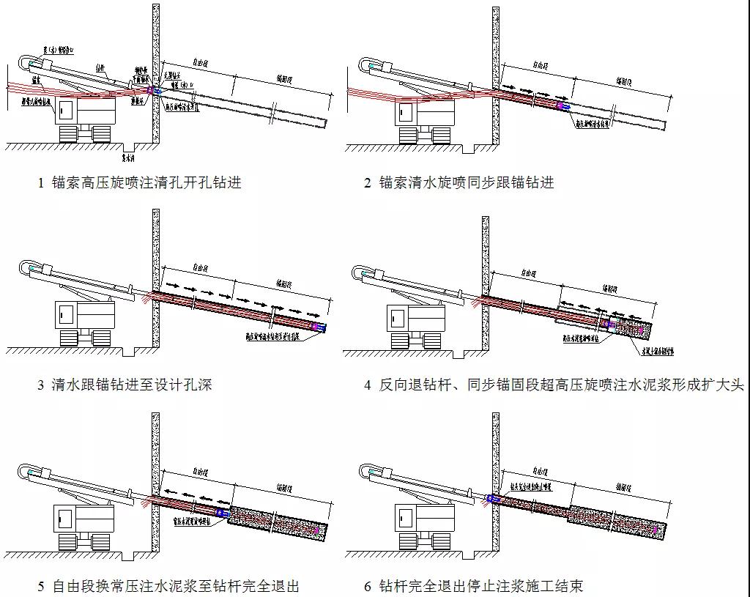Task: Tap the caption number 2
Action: (x=368, y=182)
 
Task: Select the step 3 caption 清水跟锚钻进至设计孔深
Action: (x=132, y=384)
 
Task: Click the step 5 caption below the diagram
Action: (x=176, y=585)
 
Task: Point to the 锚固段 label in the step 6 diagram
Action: (x=625, y=486)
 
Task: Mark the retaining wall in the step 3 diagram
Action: (x=156, y=278)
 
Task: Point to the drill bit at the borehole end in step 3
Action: (x=319, y=327)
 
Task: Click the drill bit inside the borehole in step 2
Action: (x=565, y=106)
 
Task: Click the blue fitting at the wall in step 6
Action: (x=492, y=499)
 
